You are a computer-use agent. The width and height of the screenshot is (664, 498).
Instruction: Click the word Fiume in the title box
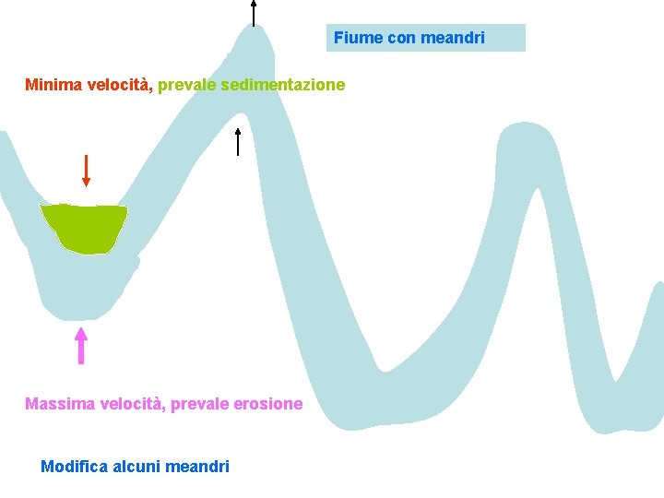click(x=354, y=38)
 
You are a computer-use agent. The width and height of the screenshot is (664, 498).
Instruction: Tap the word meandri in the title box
click(x=453, y=38)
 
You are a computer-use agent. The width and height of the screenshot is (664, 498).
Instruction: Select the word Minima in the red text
click(x=53, y=85)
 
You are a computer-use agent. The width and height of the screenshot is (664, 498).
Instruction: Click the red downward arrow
click(x=86, y=171)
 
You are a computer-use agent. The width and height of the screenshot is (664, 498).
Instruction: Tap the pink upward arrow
click(x=81, y=345)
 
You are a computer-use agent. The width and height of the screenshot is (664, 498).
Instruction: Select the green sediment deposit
click(x=84, y=227)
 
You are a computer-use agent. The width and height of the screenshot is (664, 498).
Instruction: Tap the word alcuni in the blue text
click(x=135, y=467)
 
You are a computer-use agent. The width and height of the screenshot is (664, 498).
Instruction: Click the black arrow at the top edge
click(x=254, y=12)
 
